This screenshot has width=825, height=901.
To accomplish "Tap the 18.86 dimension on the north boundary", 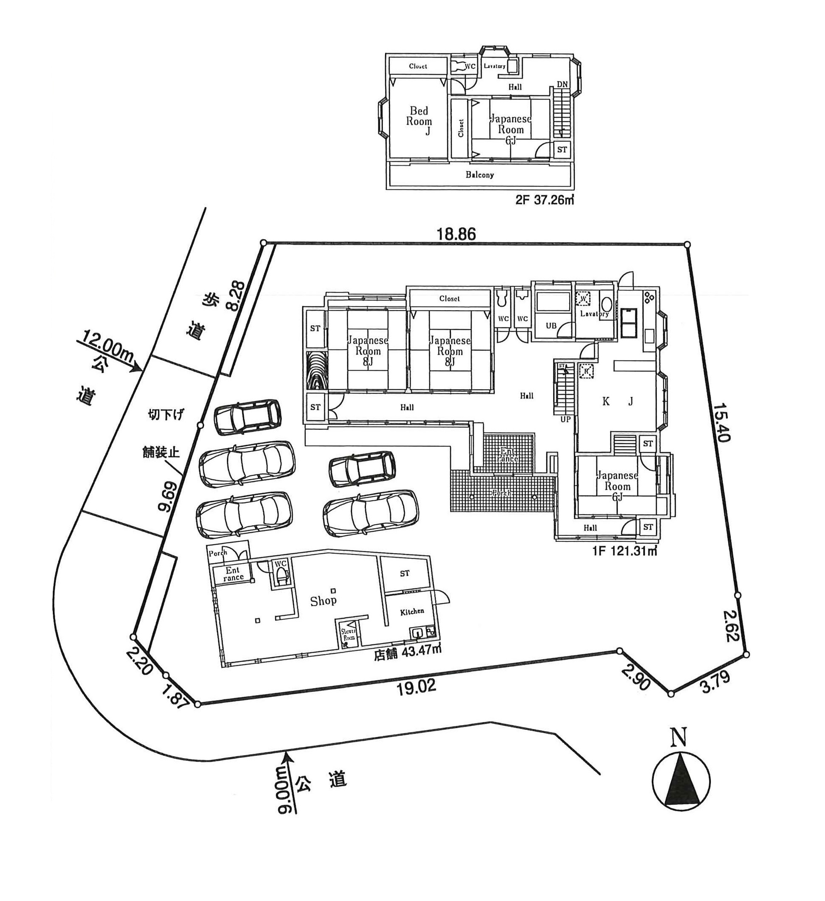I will [x=456, y=234].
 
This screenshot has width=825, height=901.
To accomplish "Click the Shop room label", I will [x=323, y=601].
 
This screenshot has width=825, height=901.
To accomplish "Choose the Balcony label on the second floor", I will [x=480, y=175].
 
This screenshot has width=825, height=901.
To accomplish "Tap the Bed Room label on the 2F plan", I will [x=419, y=116].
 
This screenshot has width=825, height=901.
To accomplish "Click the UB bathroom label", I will [x=551, y=325].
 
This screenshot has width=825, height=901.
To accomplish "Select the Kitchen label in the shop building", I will [x=412, y=612].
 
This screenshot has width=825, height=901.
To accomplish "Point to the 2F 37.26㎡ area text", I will [x=544, y=200].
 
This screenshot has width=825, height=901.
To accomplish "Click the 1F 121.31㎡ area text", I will [x=624, y=551].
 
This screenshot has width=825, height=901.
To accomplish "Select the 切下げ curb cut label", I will [x=166, y=415].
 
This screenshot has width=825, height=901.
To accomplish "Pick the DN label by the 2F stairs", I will [x=562, y=85].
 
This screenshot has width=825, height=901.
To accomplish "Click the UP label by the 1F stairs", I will [x=565, y=419].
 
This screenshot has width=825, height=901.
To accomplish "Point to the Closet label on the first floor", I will [x=449, y=298].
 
